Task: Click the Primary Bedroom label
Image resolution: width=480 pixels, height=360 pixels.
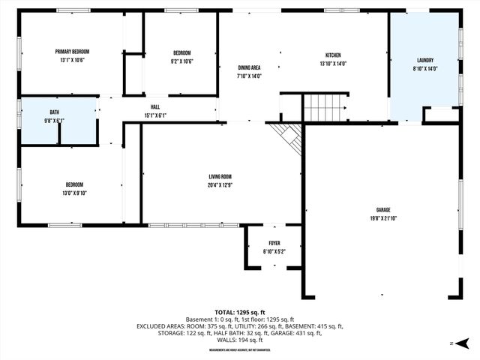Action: [72, 52]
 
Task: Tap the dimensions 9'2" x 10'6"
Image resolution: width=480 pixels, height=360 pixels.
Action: [182, 61]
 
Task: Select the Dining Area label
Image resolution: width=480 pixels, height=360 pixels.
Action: [249, 67]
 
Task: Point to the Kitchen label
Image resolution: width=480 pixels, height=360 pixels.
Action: [333, 55]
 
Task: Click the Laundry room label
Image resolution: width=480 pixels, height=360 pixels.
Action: [425, 60]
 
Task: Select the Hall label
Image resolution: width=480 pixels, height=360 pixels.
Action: [155, 107]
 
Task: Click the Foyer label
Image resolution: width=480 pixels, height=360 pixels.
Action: [274, 243]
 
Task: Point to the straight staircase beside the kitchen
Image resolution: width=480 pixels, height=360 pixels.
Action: [325, 108]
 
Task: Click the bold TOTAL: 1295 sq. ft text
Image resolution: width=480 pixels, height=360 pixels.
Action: [240, 312]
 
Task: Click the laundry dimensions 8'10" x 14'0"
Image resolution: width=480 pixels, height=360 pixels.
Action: [425, 68]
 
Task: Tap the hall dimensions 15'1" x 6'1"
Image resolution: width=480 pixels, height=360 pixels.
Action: [155, 115]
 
